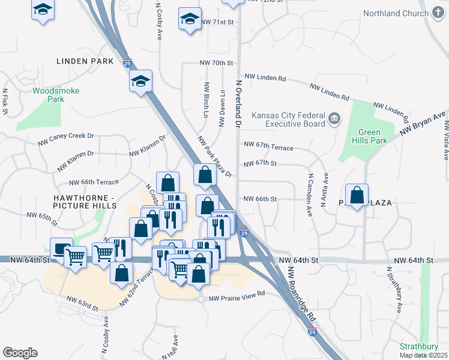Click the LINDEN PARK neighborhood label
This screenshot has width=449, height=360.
click(85, 61)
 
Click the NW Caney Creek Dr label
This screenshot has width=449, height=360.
click(66, 139)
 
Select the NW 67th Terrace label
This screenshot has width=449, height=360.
click(268, 146)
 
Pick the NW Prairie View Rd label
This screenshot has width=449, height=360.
click(237, 295)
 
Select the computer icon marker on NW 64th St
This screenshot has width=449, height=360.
click(61, 249)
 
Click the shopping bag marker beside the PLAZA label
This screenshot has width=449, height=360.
click(357, 194)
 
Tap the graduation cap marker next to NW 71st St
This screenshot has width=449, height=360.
click(190, 19)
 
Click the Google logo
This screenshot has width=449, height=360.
click(20, 353)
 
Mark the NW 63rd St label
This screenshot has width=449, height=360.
click(82, 303)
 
